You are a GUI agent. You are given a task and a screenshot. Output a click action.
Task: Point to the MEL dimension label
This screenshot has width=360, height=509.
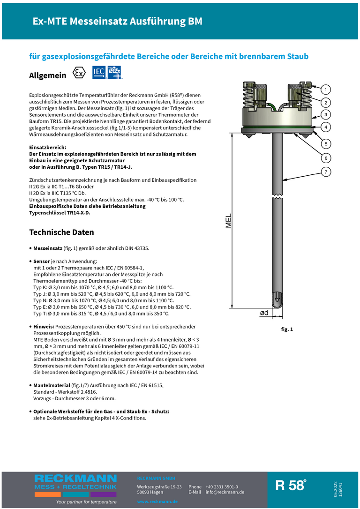click(229, 220)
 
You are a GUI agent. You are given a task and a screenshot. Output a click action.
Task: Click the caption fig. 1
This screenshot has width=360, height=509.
click(287, 329)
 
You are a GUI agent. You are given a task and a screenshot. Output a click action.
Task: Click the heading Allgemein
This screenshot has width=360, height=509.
click(47, 75)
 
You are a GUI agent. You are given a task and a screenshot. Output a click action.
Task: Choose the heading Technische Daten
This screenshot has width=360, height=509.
click(61, 232)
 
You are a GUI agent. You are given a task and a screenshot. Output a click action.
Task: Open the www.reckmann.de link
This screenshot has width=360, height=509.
click(157, 502)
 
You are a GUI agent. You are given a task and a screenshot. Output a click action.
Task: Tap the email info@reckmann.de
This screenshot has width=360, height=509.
click(225, 492)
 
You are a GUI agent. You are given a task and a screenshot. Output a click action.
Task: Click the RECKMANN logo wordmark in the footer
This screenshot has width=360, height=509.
click(75, 479)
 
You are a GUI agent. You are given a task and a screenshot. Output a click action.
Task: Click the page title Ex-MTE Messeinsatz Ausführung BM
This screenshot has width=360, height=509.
click(117, 22)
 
